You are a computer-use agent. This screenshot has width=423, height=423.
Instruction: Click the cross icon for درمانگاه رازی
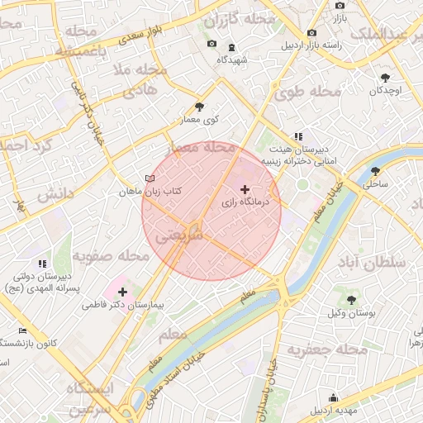coord(244,189)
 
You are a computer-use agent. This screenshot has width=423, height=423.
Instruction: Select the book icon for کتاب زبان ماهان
coord(150,178)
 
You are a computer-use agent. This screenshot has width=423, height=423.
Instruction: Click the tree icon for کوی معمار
coord(199,107)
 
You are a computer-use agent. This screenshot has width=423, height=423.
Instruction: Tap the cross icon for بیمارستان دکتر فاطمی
coord(122,292)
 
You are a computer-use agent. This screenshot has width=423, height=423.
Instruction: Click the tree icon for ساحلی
coord(376,171)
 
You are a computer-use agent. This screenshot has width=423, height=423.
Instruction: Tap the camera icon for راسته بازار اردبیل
coord(311,33)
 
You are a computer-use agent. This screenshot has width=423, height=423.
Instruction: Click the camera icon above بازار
coord(340,5)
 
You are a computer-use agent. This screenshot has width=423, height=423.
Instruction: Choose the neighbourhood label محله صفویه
coord(110,256)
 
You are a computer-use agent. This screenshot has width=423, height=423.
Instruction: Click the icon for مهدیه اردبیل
coord(333,397)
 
